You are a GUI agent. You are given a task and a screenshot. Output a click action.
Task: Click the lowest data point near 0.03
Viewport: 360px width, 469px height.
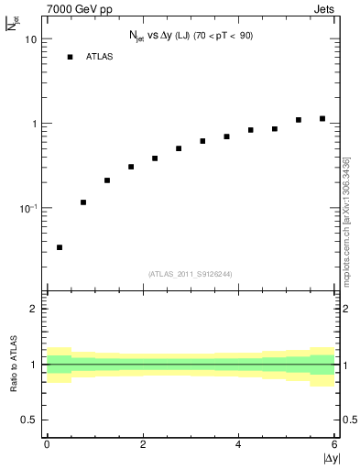pyautogui.click(x=60, y=247)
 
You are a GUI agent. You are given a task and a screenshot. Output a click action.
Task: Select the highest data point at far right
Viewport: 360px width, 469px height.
pyautogui.click(x=322, y=118)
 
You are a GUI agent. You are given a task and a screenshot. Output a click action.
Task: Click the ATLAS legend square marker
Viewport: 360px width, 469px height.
pyautogui.click(x=70, y=57)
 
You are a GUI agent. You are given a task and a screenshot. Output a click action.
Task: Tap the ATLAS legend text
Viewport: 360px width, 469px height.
pyautogui.click(x=101, y=57)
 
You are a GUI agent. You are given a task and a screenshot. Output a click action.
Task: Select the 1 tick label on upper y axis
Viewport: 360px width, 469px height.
pyautogui.click(x=35, y=124)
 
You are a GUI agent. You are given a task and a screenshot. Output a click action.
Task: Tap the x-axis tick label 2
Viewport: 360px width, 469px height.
pyautogui.click(x=143, y=444)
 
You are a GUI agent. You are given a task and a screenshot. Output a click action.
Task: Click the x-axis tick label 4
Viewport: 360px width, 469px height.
pyautogui.click(x=238, y=444)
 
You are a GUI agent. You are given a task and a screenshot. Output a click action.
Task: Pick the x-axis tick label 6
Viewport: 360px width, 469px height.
pyautogui.click(x=334, y=444)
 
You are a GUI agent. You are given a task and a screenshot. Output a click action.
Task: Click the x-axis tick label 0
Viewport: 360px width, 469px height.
pyautogui.click(x=47, y=444)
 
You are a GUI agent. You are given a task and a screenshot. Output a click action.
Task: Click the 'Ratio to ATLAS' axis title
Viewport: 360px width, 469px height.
pyautogui.click(x=13, y=365)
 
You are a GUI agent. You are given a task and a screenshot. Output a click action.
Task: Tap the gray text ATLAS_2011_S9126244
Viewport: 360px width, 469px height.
pyautogui.click(x=191, y=273)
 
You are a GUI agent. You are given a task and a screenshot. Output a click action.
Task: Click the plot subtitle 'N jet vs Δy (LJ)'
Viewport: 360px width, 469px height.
pyautogui.click(x=165, y=36)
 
